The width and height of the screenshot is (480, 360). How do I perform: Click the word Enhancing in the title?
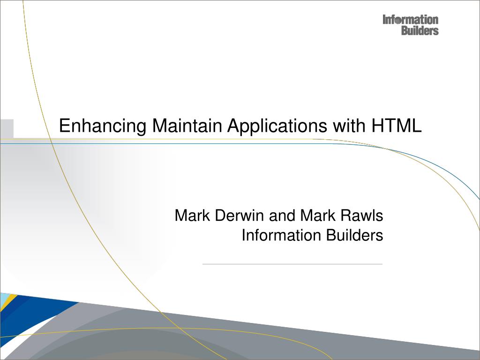[x=103, y=126]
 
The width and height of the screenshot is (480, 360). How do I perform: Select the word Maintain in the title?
[x=187, y=125]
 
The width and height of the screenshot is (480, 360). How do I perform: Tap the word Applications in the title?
[x=277, y=126]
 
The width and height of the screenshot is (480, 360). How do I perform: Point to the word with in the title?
[x=349, y=125]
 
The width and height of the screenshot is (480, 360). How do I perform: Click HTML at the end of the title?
[x=397, y=125]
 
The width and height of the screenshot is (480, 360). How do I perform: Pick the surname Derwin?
[x=239, y=215]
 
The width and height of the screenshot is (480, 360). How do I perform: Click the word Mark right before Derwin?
[x=192, y=215]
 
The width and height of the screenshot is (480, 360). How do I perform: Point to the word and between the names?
[x=282, y=215]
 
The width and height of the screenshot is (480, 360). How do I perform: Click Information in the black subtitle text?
[x=281, y=235]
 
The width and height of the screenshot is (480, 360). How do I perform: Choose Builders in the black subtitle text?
[x=354, y=235]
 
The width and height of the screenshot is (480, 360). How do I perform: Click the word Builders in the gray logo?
[x=420, y=30]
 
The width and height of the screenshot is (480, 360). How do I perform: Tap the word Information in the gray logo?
[x=411, y=20]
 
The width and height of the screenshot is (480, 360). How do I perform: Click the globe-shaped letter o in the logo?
[x=397, y=21]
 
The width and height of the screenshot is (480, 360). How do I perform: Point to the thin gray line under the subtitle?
[x=292, y=264]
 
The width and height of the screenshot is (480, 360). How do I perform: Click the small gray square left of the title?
[x=7, y=128]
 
